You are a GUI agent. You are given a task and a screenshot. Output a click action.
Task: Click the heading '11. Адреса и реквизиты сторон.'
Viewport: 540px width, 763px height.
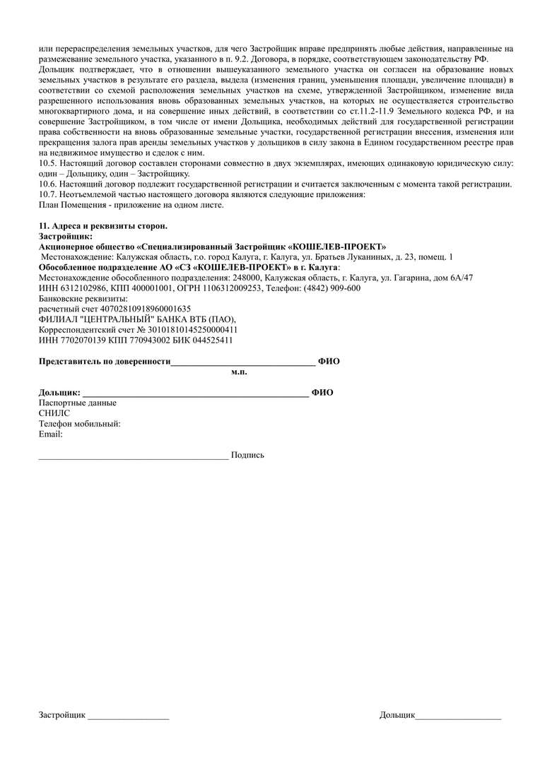(x=102, y=225)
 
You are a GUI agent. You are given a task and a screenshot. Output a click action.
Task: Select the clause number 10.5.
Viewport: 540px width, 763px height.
(x=47, y=164)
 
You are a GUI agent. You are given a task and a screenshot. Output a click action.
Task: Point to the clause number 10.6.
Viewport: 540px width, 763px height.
(x=47, y=184)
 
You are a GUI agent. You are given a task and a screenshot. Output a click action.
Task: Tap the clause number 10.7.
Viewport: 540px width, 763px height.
(x=47, y=194)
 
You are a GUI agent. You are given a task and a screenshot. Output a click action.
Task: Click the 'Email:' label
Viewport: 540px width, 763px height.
(x=51, y=434)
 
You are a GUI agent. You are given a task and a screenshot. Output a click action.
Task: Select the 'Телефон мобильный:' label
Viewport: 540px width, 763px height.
(x=80, y=424)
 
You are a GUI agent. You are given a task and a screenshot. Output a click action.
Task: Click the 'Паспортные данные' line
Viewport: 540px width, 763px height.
(x=78, y=403)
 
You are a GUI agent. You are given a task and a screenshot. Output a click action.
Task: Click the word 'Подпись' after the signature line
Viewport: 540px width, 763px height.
(x=247, y=455)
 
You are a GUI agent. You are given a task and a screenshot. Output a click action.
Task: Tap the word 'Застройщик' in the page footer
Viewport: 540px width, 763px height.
(x=62, y=715)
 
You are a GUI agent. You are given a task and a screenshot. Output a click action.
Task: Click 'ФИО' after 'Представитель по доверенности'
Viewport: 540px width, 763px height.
(x=329, y=362)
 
